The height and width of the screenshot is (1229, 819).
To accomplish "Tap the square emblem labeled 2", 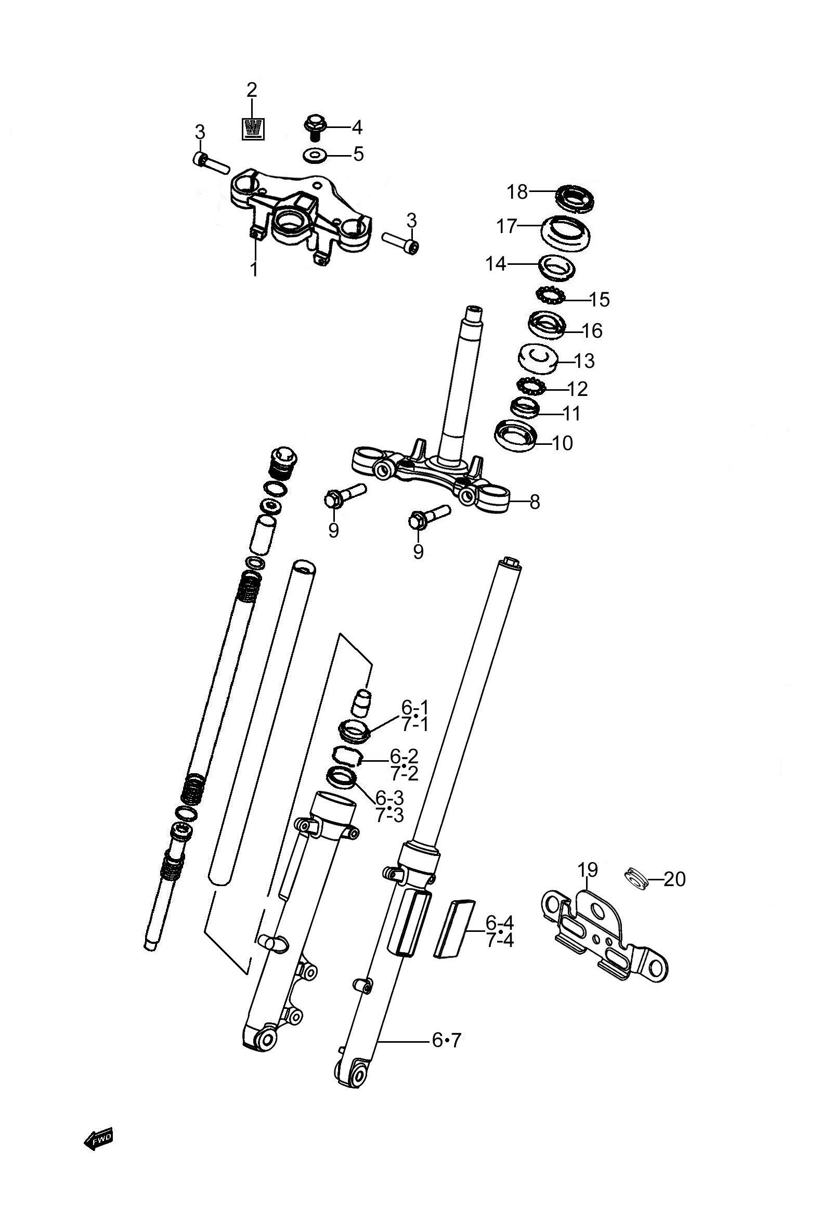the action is pos(253,129).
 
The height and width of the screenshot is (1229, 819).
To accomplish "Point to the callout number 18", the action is pos(518,192).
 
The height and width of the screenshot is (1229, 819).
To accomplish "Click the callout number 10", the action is pos(562,443).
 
